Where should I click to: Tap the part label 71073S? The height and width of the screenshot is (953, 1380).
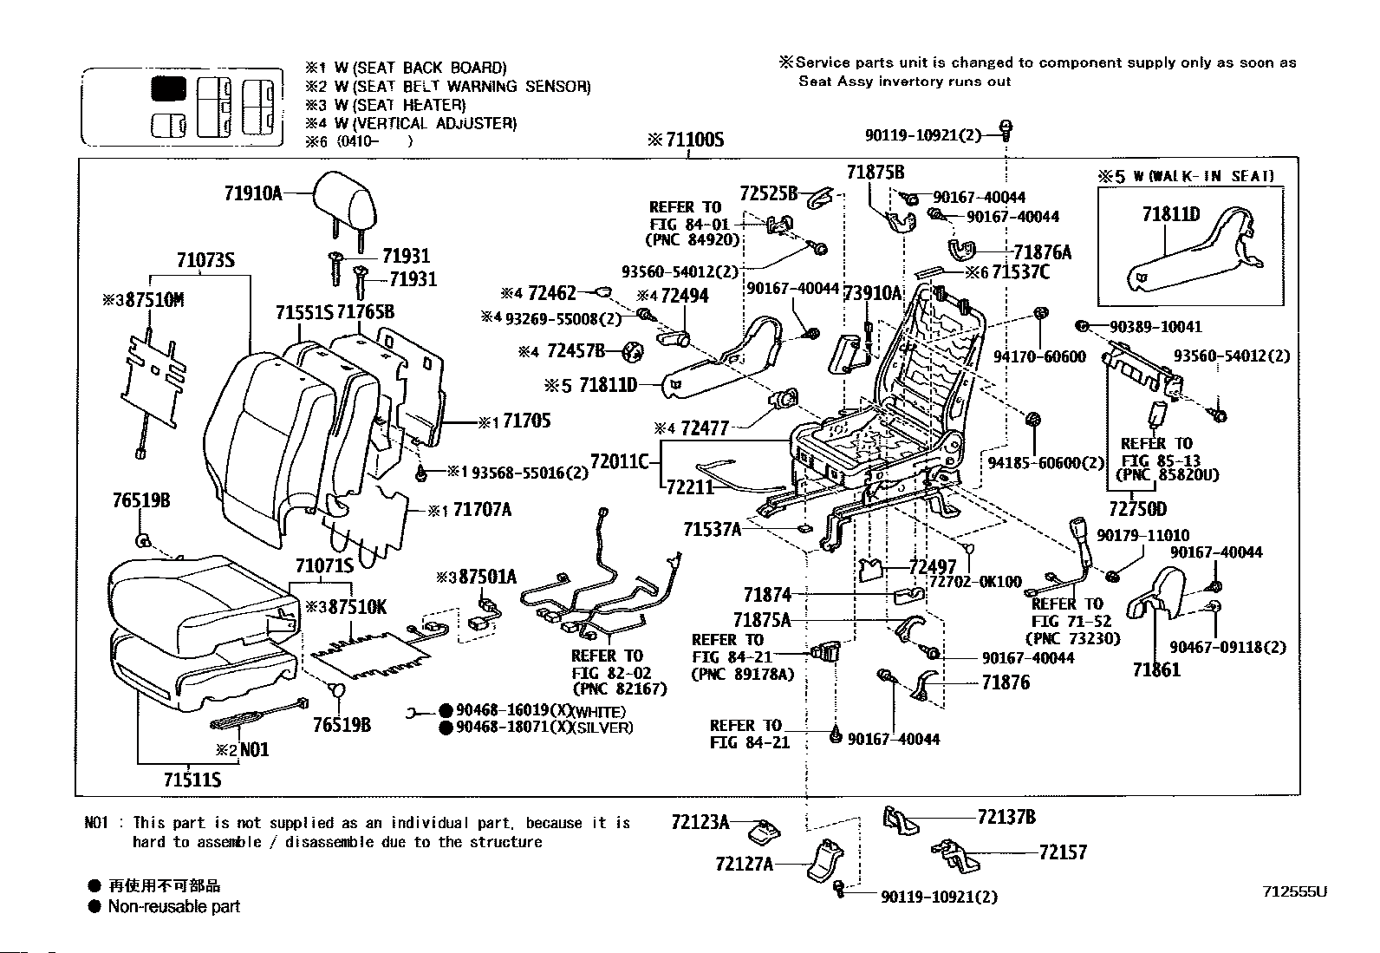point(205,260)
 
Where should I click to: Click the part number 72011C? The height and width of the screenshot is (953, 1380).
point(619,460)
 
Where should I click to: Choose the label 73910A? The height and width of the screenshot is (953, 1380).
point(873,293)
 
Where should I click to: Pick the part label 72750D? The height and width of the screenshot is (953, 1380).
point(1137,509)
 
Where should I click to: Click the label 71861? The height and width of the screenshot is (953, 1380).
point(1156,669)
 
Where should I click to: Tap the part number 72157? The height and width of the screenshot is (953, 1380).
point(1063,852)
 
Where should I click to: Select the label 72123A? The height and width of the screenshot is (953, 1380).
point(700,821)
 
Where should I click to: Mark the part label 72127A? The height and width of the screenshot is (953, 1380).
point(745,864)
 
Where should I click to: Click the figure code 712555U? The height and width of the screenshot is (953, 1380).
point(1295,891)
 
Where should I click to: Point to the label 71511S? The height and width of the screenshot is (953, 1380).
point(192,780)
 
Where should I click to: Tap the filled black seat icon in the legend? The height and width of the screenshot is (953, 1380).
point(168,88)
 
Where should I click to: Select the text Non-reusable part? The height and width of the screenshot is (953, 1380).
point(173,907)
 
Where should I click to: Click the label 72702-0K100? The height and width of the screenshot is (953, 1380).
point(975,582)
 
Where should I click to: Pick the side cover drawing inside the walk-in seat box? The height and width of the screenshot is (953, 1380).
point(1188,251)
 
